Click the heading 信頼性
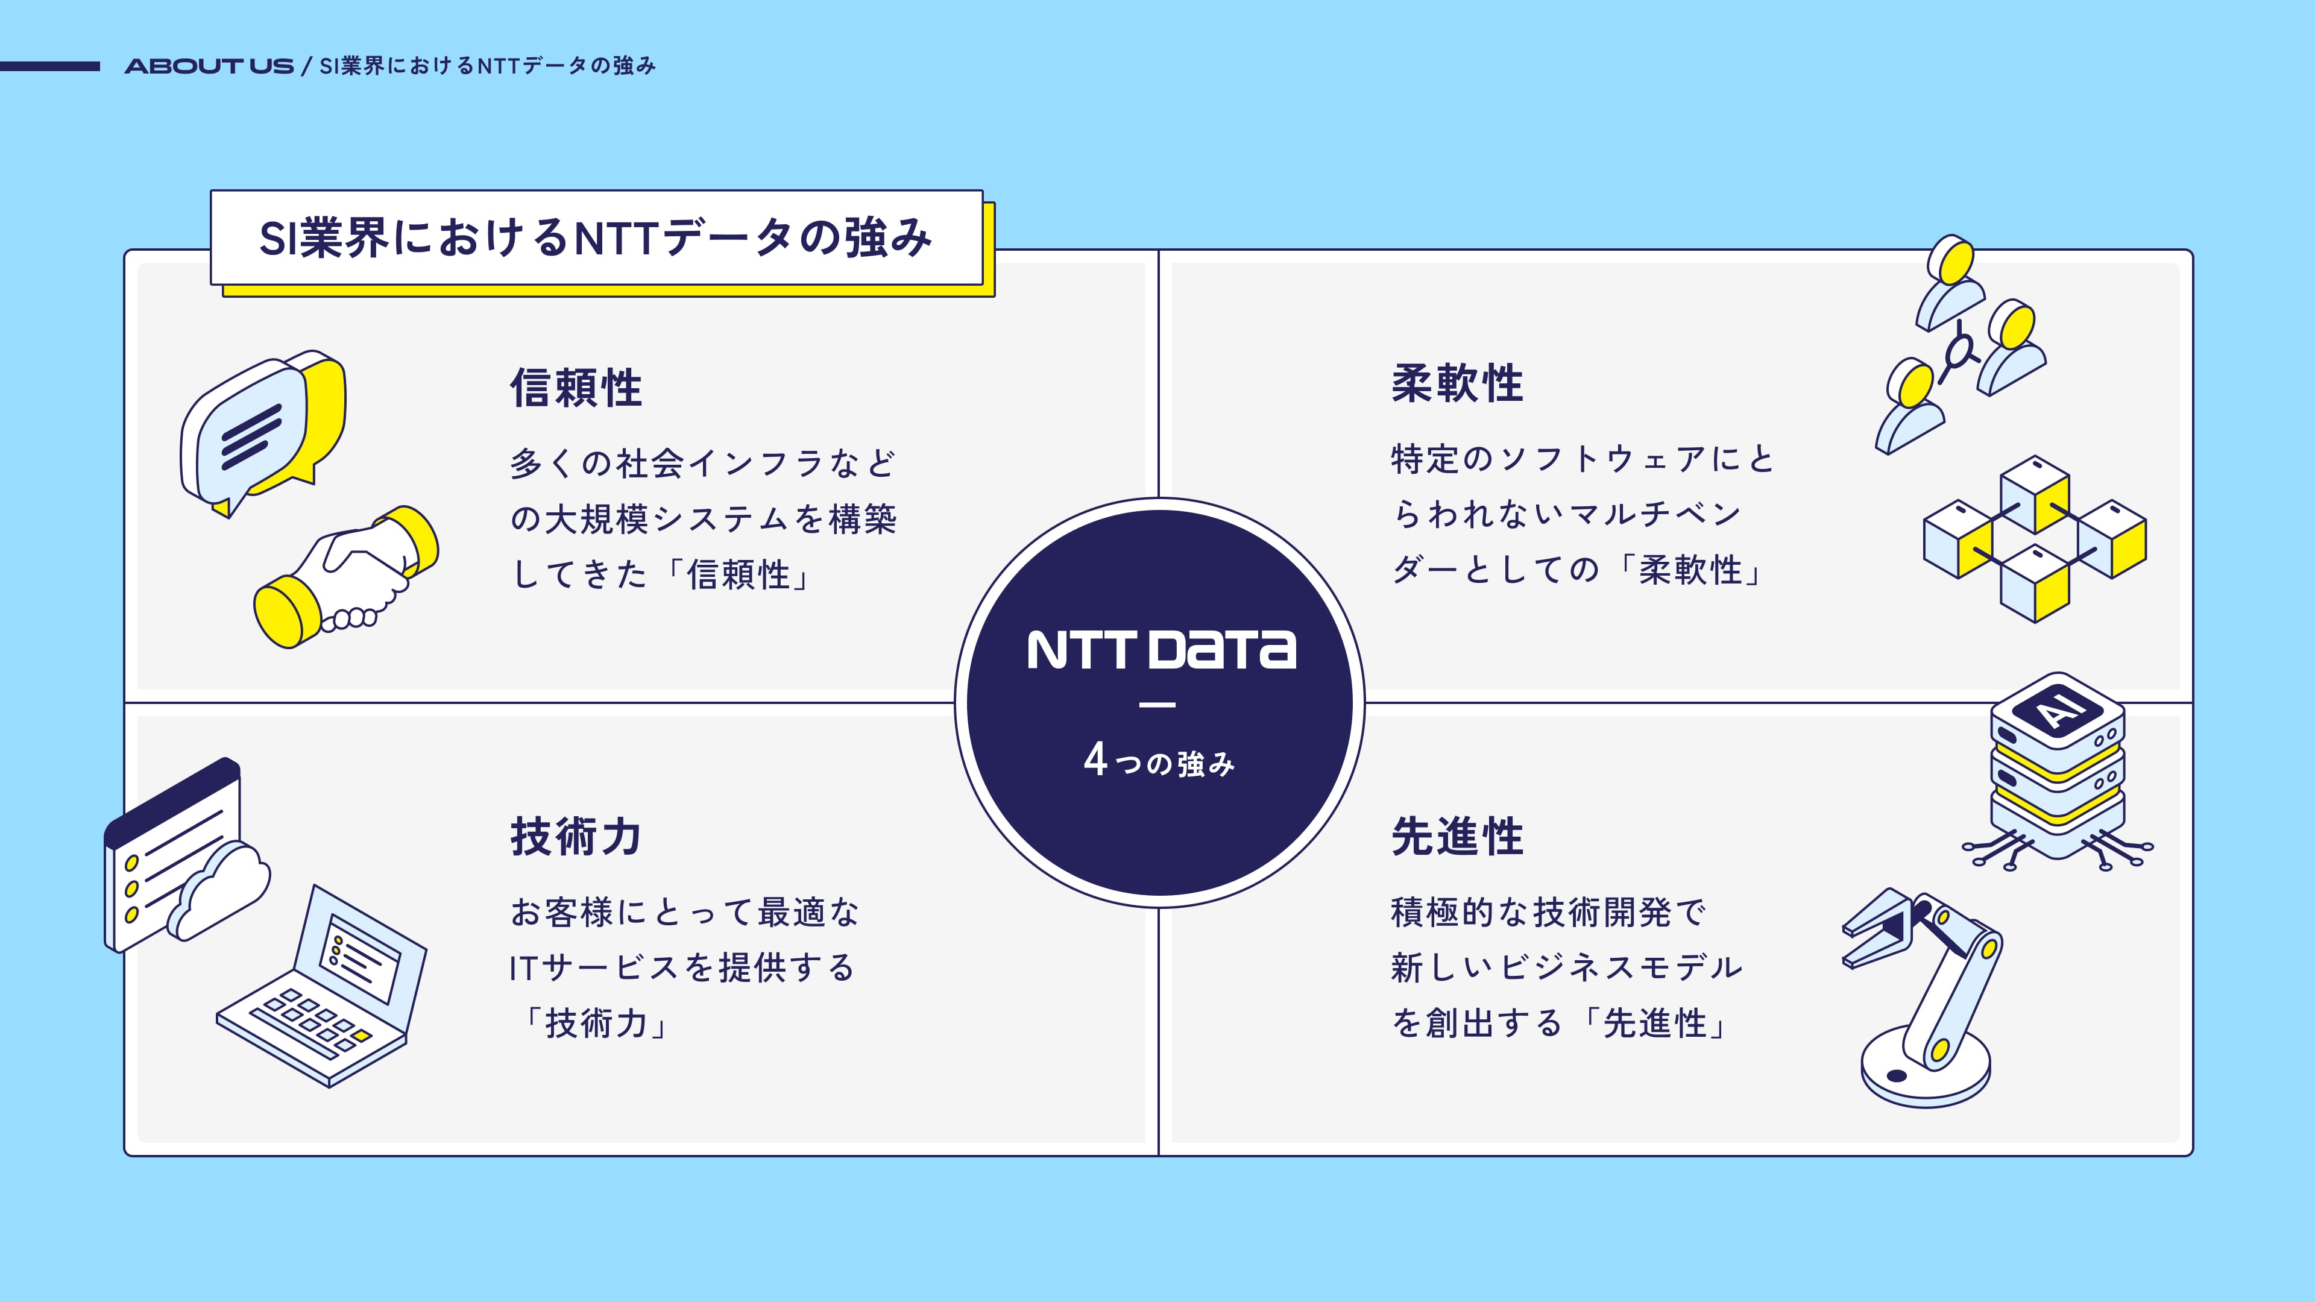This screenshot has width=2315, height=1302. point(576,388)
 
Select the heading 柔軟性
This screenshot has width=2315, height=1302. point(1457,384)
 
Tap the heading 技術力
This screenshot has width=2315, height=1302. point(576,837)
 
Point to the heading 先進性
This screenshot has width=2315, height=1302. point(1457,837)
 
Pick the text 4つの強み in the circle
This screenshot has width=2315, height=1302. point(1159,760)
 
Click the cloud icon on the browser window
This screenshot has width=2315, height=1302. point(218,890)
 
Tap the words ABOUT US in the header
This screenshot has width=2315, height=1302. point(209,66)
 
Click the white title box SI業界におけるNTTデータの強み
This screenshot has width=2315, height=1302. point(597,237)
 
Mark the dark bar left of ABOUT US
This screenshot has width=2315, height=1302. point(49,66)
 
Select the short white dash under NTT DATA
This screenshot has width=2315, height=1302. point(1157,705)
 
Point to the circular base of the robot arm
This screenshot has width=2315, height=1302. point(1925,1069)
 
